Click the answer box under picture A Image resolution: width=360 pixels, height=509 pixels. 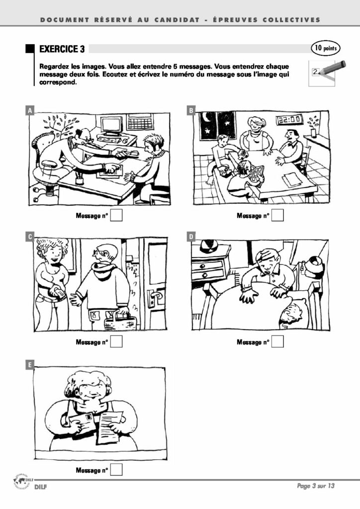point(116,215)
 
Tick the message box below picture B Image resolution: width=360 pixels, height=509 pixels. point(277,215)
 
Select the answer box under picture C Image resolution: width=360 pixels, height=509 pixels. point(116,341)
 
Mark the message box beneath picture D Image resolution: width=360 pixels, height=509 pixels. point(277,341)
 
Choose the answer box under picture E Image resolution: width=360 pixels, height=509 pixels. point(116,470)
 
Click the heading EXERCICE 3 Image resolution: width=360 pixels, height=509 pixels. point(62,49)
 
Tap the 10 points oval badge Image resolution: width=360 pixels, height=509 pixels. point(326,48)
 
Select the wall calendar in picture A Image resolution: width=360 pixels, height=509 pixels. point(140,122)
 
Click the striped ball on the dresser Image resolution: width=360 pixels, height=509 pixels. point(208,246)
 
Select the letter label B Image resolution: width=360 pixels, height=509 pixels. point(191,110)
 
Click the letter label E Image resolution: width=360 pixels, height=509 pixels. point(29,365)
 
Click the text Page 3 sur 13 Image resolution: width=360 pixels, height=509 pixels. point(316,486)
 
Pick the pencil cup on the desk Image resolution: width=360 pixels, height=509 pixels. point(80,179)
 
